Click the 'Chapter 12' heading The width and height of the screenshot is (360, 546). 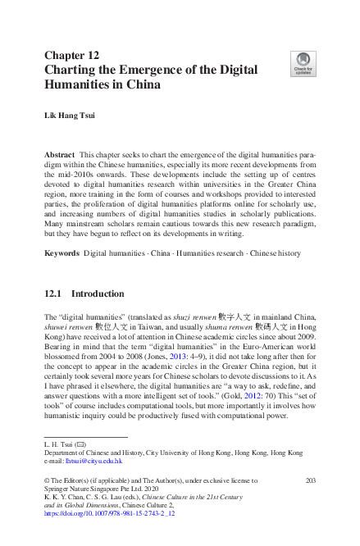point(71,55)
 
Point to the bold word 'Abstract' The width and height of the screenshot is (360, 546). point(60,155)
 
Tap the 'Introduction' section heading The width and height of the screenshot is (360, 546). point(98,293)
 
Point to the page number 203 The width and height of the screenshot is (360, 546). point(310,480)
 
